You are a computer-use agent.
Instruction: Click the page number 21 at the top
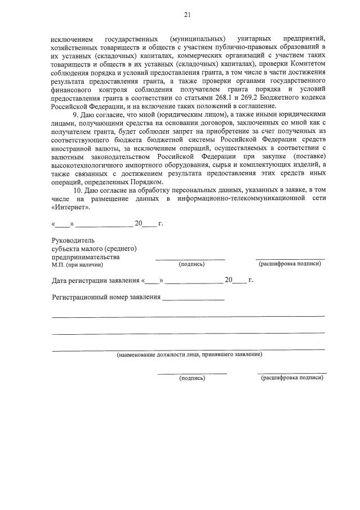187,14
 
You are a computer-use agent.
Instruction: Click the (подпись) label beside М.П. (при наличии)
192,264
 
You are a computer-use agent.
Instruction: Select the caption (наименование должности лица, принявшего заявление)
189,354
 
